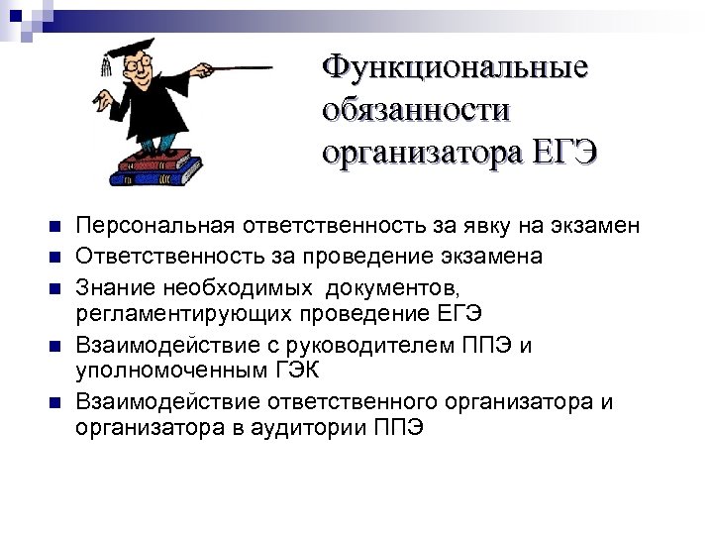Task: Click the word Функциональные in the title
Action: coord(455,68)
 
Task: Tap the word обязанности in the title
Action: coord(415,110)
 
